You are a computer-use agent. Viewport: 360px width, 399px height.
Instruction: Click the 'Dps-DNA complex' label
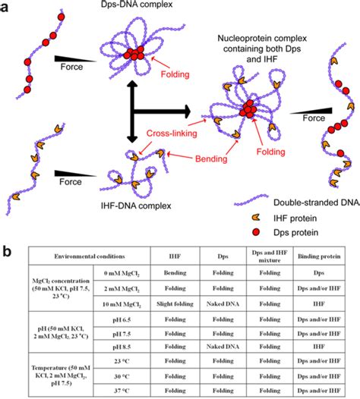point(124,7)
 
